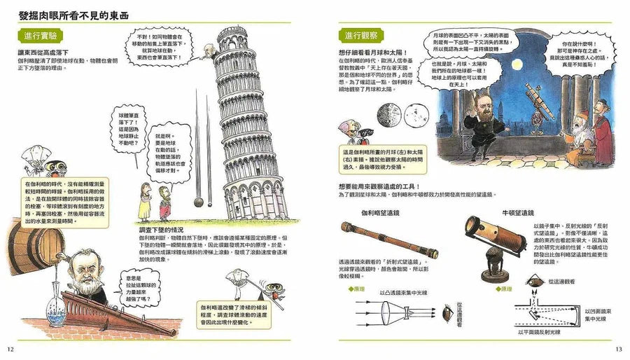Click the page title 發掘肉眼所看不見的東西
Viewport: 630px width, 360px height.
77,11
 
